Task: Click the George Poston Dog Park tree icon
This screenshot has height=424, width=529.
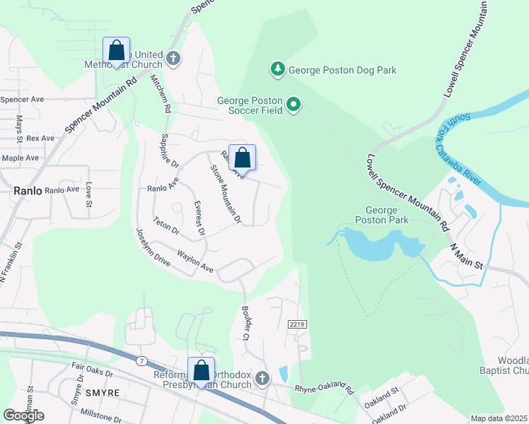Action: (x=279, y=69)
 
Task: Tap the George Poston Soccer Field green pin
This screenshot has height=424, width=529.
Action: (x=293, y=106)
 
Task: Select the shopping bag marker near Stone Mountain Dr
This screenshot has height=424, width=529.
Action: (x=242, y=159)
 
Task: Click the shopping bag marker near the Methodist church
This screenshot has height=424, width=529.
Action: (x=116, y=52)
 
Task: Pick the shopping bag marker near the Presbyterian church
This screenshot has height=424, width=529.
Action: (x=201, y=371)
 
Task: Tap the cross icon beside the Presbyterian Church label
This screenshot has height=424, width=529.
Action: (x=262, y=379)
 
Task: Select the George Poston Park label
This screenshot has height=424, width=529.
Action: (x=387, y=215)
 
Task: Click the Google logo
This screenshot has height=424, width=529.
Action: (x=24, y=415)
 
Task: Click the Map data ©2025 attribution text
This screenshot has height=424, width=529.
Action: (x=499, y=418)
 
